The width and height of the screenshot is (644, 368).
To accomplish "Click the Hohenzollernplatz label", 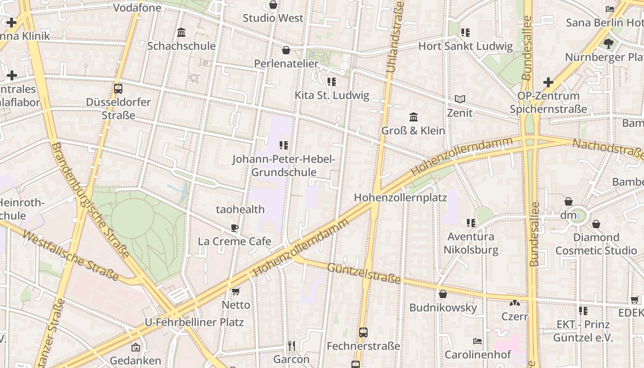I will pos(400,198).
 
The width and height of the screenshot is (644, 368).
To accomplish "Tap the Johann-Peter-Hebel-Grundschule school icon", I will pos(284,145).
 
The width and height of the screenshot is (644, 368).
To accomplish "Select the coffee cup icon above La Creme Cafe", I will pos(235,228).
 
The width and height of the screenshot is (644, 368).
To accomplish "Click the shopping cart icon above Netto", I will pos(236,291).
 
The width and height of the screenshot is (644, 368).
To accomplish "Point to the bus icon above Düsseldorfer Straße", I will pos(118,88).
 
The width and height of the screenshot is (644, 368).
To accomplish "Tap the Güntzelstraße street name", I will pos(363,273).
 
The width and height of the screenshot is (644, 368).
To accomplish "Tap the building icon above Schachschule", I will pos(181,33).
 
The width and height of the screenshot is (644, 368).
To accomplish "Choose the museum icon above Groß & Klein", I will pos(414,117).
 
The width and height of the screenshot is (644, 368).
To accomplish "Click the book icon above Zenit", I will pos(460,99).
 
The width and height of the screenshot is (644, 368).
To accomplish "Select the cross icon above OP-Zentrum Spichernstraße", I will pos(548,82).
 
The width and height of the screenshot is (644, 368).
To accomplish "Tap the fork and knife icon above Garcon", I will pos(291,345).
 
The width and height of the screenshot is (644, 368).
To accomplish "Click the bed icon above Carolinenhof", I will pos(477,341).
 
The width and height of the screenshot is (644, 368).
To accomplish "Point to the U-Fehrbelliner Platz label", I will pos(194,322).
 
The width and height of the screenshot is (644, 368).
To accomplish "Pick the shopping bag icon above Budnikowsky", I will pos(443,294).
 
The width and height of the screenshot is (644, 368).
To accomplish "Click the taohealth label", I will pos(240,209).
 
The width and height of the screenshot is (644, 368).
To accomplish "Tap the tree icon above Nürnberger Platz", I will pos(609,44).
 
